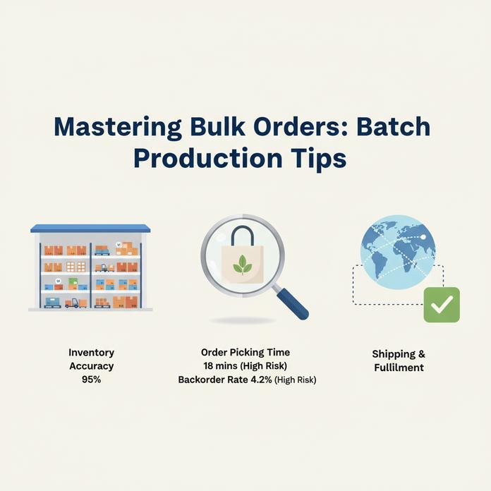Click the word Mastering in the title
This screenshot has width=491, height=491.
117,128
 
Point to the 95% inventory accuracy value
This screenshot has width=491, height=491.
91,380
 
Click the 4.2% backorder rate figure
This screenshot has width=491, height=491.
261,380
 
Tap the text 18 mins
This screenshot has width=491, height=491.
220,365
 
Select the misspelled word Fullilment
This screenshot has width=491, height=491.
399,368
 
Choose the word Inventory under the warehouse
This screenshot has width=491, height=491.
91,353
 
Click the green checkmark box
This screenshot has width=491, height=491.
442,305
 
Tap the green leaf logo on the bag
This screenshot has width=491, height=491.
243,265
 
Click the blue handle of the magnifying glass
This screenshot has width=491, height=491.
293,304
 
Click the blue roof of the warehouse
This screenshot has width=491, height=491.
90,229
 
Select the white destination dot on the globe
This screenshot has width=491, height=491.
423,237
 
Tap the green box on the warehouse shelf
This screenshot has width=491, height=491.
73,282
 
